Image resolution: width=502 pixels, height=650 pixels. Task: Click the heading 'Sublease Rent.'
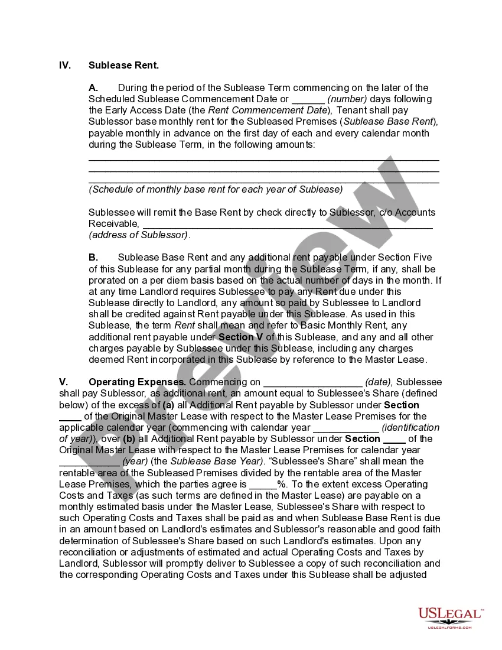click(x=123, y=65)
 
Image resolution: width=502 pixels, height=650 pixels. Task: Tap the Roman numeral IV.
click(x=65, y=65)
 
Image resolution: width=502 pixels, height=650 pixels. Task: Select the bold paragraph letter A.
click(x=93, y=87)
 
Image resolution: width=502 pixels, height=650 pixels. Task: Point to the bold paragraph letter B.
click(x=93, y=258)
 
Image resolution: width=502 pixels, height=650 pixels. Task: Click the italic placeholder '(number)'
click(x=347, y=99)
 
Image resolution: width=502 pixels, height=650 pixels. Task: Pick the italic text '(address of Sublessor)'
click(x=139, y=235)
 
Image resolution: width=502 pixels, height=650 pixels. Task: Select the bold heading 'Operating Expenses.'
click(x=138, y=382)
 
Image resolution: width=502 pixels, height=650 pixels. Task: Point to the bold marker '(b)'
click(x=130, y=439)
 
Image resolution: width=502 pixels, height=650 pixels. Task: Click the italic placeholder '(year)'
click(x=135, y=461)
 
